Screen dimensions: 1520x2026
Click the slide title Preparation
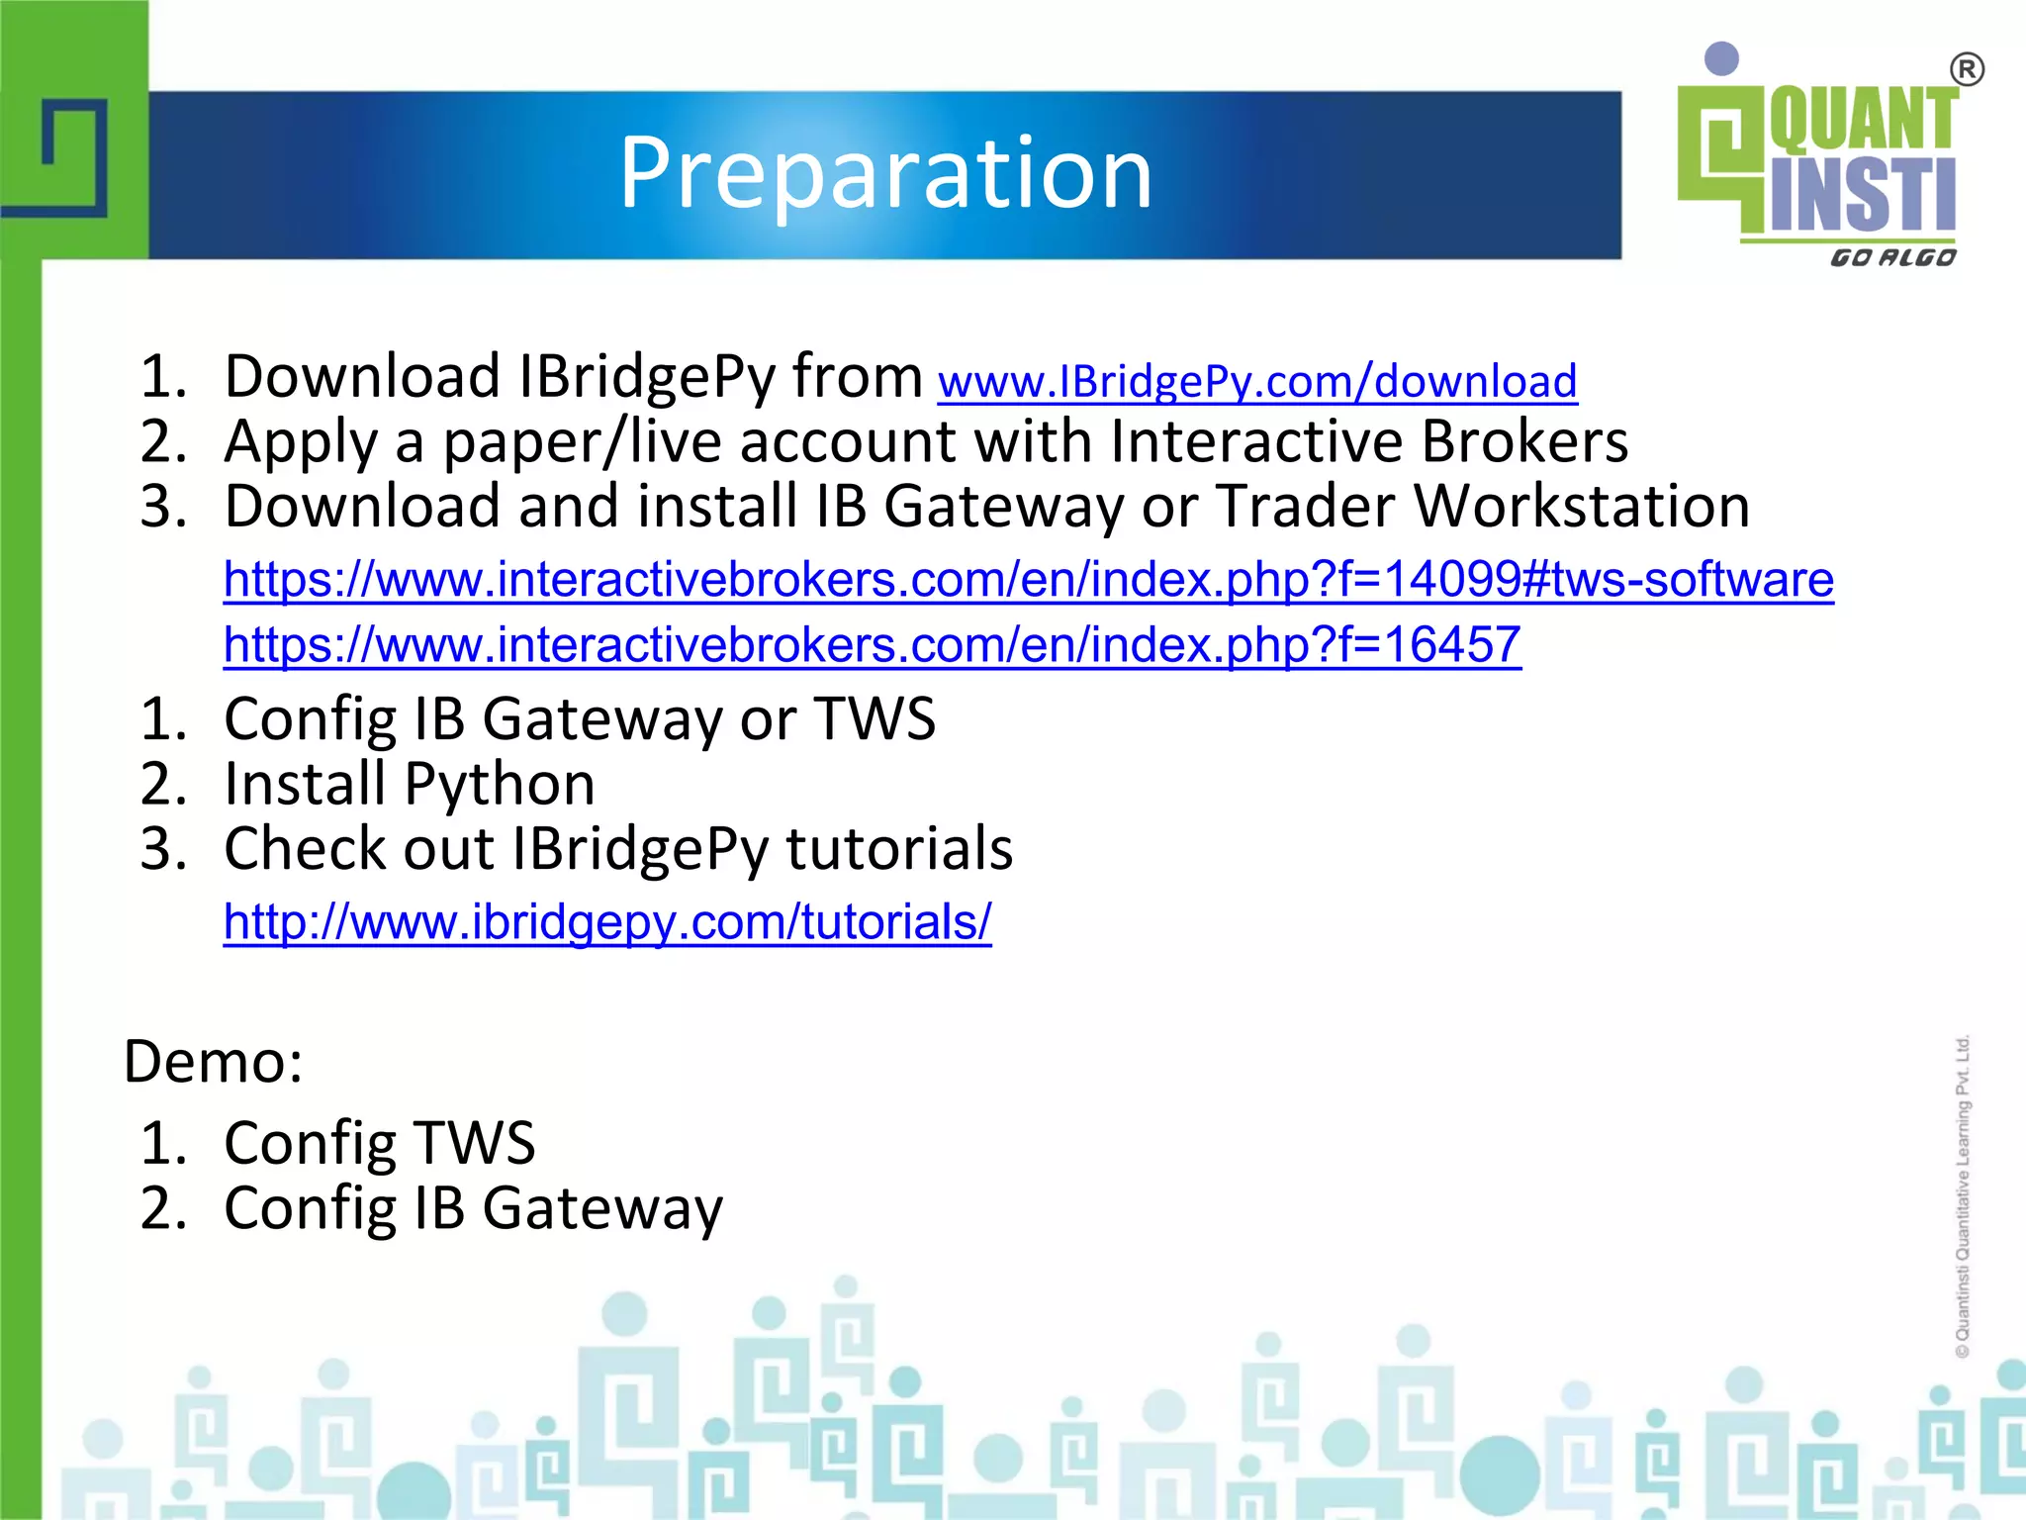point(885,174)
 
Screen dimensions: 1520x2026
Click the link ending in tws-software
point(1028,580)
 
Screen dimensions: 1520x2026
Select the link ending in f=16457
point(872,645)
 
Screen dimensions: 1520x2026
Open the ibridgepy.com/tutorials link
point(606,922)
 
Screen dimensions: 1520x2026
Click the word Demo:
point(213,1062)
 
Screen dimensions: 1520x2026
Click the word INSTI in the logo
point(1862,195)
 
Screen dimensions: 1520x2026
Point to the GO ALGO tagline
point(1891,258)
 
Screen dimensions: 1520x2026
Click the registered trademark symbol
point(1967,70)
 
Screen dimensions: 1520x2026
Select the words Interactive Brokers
point(1368,441)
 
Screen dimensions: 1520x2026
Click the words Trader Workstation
point(1482,507)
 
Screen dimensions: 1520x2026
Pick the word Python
point(500,785)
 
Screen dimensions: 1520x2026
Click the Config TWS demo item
point(379,1143)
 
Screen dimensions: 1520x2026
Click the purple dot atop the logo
point(1722,58)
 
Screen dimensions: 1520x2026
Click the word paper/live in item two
point(582,441)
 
